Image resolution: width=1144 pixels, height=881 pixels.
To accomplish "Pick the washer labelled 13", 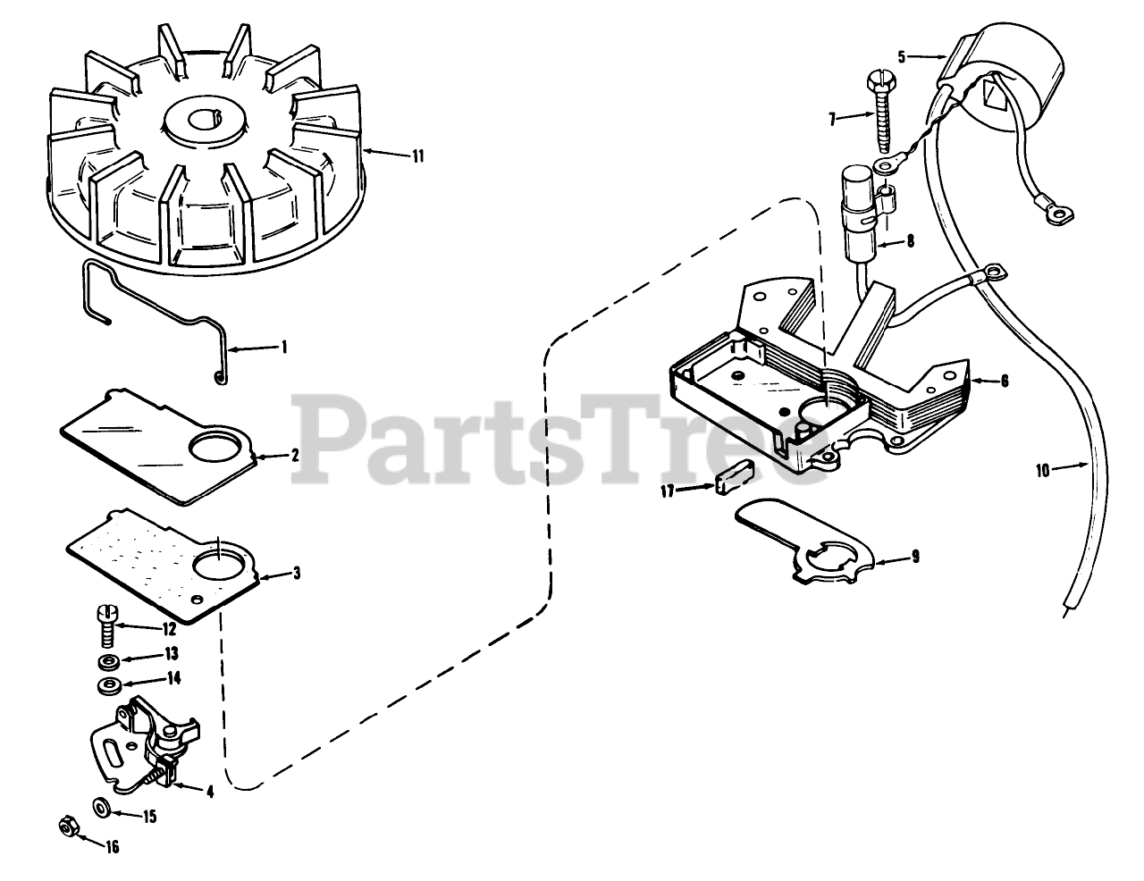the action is pos(107,662).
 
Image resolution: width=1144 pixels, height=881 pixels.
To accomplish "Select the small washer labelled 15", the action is pos(101,809).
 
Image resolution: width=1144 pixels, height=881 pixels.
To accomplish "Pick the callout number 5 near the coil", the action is pos(902,55).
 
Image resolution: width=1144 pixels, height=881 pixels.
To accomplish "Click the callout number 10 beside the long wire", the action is pos(1042,470).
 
